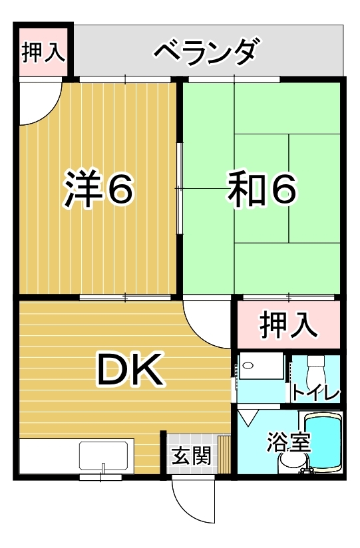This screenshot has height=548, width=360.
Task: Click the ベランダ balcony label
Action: [208, 52]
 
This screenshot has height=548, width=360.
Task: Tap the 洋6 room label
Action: [98, 189]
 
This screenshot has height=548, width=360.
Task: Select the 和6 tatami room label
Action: [262, 189]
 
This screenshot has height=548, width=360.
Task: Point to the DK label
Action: [130, 369]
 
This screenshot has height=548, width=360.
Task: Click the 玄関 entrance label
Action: [192, 456]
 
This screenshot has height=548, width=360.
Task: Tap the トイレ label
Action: [315, 393]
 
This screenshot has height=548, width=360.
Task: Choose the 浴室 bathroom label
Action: [288, 442]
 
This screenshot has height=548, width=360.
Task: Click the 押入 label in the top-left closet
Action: [43, 53]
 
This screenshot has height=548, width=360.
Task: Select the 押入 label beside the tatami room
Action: [288, 325]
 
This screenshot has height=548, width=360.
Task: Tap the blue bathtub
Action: [322, 442]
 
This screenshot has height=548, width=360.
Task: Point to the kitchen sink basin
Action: [104, 456]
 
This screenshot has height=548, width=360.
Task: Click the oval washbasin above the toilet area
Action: [248, 366]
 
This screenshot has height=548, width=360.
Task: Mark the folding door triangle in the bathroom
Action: [248, 417]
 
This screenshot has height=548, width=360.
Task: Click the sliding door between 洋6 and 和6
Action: [179, 189]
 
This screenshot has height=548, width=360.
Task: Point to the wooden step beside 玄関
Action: [224, 454]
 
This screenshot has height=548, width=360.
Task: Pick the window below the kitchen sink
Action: [100, 477]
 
